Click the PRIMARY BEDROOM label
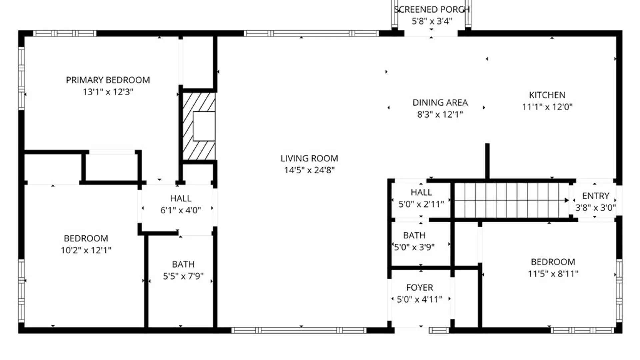[108, 80]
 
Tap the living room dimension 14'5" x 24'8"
[309, 170]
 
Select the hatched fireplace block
[199, 126]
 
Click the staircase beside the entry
[510, 200]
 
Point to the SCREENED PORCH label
[432, 10]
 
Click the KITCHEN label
[547, 95]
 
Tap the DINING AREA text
[440, 103]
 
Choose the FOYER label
[419, 287]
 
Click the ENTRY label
[595, 196]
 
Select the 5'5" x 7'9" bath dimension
[183, 276]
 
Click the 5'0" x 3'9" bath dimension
[414, 247]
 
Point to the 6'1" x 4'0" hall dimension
[181, 210]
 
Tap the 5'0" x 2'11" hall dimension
[421, 204]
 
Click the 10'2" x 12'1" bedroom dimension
[86, 250]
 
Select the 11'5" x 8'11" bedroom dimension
[553, 274]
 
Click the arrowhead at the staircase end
[566, 200]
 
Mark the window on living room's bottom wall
[299, 330]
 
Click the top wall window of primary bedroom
[65, 33]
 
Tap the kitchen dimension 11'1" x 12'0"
[547, 107]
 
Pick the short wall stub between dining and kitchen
[487, 162]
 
